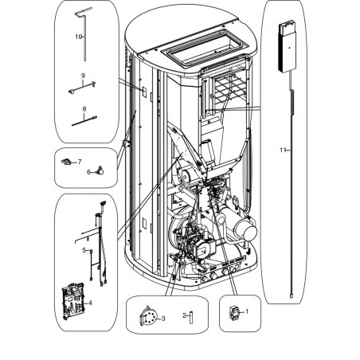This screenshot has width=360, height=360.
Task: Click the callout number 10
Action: pyautogui.click(x=78, y=37)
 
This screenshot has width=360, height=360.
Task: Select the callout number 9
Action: pyautogui.click(x=83, y=76)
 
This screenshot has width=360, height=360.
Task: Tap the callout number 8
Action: pyautogui.click(x=84, y=109)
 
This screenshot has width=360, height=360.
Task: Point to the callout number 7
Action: pyautogui.click(x=80, y=162)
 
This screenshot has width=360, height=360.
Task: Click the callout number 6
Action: pyautogui.click(x=88, y=172)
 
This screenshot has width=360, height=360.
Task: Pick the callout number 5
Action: pyautogui.click(x=84, y=250)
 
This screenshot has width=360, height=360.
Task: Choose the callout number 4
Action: pyautogui.click(x=90, y=303)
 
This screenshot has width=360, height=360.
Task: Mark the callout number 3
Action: pyautogui.click(x=163, y=318)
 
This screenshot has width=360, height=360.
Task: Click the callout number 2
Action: pyautogui.click(x=184, y=315)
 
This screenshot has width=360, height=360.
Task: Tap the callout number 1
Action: pyautogui.click(x=247, y=311)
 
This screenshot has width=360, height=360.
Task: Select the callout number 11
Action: pyautogui.click(x=283, y=150)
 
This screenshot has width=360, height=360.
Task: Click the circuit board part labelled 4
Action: pyautogui.click(x=73, y=301)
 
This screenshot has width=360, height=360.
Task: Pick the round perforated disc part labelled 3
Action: pyautogui.click(x=148, y=316)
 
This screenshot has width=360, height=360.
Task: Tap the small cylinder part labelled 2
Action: pyautogui.click(x=191, y=318)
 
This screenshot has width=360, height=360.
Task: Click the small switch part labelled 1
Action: pyautogui.click(x=233, y=313)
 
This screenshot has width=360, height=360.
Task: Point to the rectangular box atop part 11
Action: pyautogui.click(x=287, y=48)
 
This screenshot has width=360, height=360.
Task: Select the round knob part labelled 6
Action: pyautogui.click(x=100, y=170)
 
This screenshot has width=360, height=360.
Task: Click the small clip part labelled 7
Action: pyautogui.click(x=66, y=161)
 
